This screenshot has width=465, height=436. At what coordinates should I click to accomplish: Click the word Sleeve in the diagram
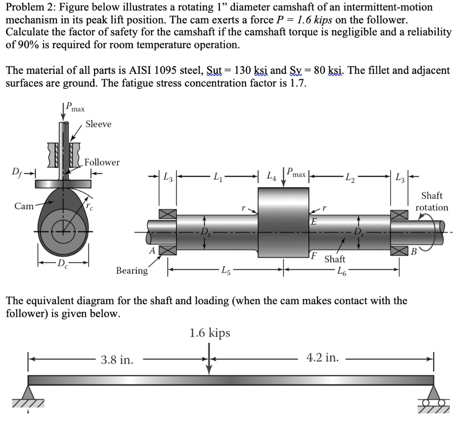click(x=98, y=124)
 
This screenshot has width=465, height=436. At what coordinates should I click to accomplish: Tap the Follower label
click(x=102, y=162)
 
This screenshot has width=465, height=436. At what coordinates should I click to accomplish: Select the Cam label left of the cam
click(x=24, y=206)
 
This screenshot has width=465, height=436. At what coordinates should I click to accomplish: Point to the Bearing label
click(x=132, y=271)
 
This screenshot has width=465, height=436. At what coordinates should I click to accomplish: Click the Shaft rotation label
click(x=431, y=202)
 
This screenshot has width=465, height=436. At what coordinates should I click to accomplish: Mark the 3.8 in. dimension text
click(x=117, y=360)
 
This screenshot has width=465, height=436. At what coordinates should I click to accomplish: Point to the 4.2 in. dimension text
click(x=322, y=358)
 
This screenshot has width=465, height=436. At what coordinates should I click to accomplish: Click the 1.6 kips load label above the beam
click(x=209, y=333)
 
